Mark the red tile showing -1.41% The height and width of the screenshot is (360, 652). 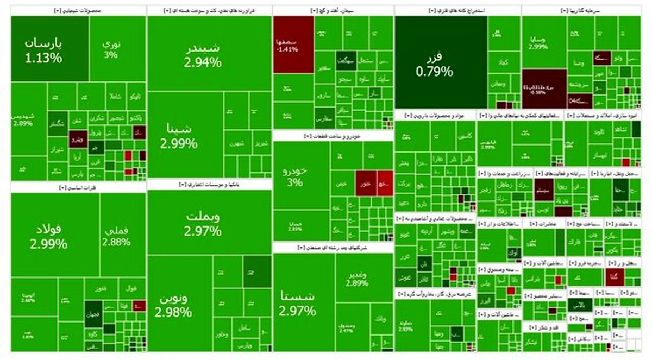(x=293, y=44)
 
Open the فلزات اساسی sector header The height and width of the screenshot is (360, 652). (x=78, y=187)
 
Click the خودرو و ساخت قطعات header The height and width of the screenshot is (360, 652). (x=333, y=136)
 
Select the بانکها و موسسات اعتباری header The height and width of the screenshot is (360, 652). (x=209, y=185)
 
